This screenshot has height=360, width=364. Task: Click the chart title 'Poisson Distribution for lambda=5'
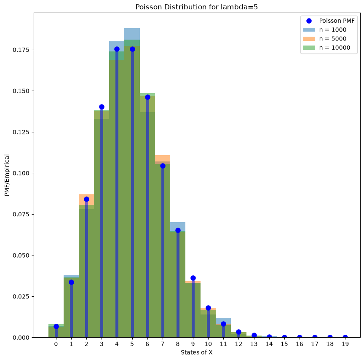[x=197, y=7]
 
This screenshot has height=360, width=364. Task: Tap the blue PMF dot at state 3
[x=102, y=107]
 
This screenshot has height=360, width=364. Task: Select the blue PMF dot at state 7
[x=163, y=166]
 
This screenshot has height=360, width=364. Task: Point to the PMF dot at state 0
[x=56, y=326]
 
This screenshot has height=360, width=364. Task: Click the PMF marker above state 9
[x=193, y=278]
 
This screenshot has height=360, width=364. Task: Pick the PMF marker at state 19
[x=345, y=337]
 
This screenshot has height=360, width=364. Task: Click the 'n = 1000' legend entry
[x=325, y=30]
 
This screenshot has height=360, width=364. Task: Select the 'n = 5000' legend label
[x=333, y=38]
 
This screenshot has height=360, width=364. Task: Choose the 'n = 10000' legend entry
[x=327, y=48]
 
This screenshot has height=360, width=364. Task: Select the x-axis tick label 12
[x=238, y=344]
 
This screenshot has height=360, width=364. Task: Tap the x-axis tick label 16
[x=300, y=344]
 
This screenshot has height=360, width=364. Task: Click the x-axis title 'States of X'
[x=197, y=352]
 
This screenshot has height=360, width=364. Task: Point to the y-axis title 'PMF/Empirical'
[x=7, y=175]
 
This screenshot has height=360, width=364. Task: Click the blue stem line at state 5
[x=132, y=193]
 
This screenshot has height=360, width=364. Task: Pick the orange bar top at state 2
[x=86, y=195]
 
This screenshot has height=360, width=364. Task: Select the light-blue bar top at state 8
[x=178, y=223]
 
